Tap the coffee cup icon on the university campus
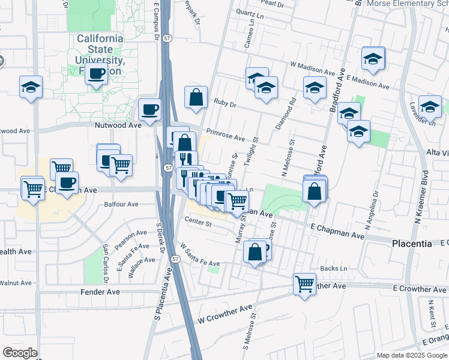[95, 74]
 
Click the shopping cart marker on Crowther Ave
[304, 283]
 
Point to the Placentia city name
[412, 244]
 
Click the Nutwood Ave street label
[118, 125]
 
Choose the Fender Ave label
[100, 292]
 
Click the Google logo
[20, 353]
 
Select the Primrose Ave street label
[225, 135]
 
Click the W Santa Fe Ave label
[199, 255]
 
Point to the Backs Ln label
[334, 268]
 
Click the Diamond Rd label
[294, 113]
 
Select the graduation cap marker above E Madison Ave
[373, 59]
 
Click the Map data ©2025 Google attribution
[412, 355]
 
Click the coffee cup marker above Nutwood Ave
[149, 109]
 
